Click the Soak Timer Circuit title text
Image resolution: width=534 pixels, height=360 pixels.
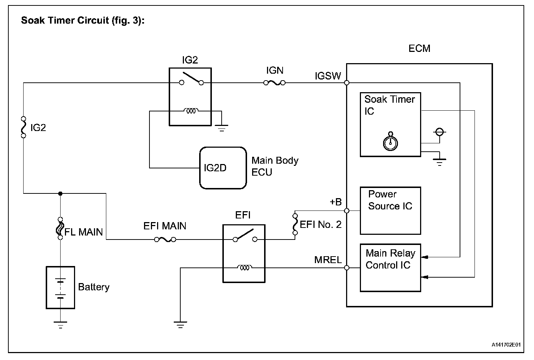tap(83, 20)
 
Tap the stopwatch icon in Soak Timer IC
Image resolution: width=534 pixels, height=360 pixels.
tap(390, 142)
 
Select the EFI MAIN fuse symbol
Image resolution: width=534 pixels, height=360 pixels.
tap(165, 240)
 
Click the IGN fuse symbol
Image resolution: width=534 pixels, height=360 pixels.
tap(275, 83)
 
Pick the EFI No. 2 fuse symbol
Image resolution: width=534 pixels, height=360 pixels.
tap(295, 224)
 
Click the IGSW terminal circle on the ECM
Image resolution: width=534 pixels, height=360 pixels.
tap(347, 83)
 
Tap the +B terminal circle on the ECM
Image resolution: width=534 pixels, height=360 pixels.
tap(347, 211)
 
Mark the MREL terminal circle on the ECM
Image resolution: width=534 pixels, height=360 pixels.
tap(347, 268)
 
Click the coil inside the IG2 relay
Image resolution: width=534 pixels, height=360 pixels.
tap(191, 111)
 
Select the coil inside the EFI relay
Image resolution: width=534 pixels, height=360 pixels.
tap(245, 268)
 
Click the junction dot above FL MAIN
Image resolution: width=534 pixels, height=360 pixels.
tap(60, 193)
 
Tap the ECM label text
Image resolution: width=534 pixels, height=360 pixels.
tap(419, 48)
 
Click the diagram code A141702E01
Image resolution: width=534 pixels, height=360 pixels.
tap(506, 345)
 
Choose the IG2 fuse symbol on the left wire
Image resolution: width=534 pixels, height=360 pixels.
tap(23, 127)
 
